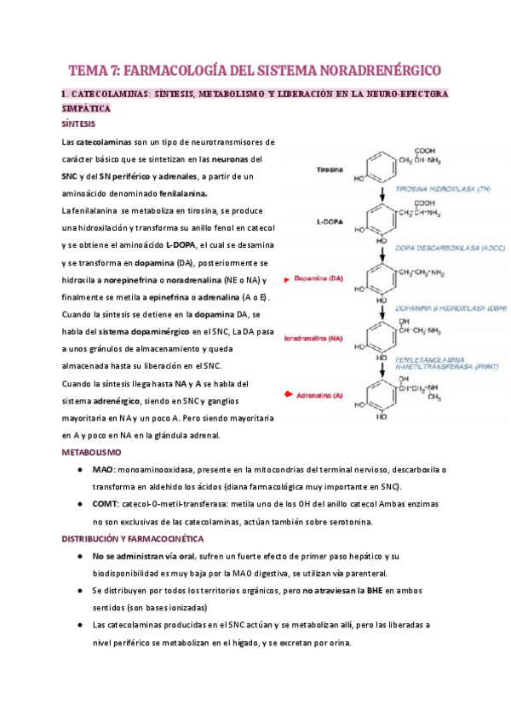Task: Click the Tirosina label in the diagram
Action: (x=327, y=169)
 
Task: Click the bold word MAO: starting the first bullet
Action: (x=103, y=469)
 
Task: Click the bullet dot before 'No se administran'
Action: (x=78, y=556)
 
